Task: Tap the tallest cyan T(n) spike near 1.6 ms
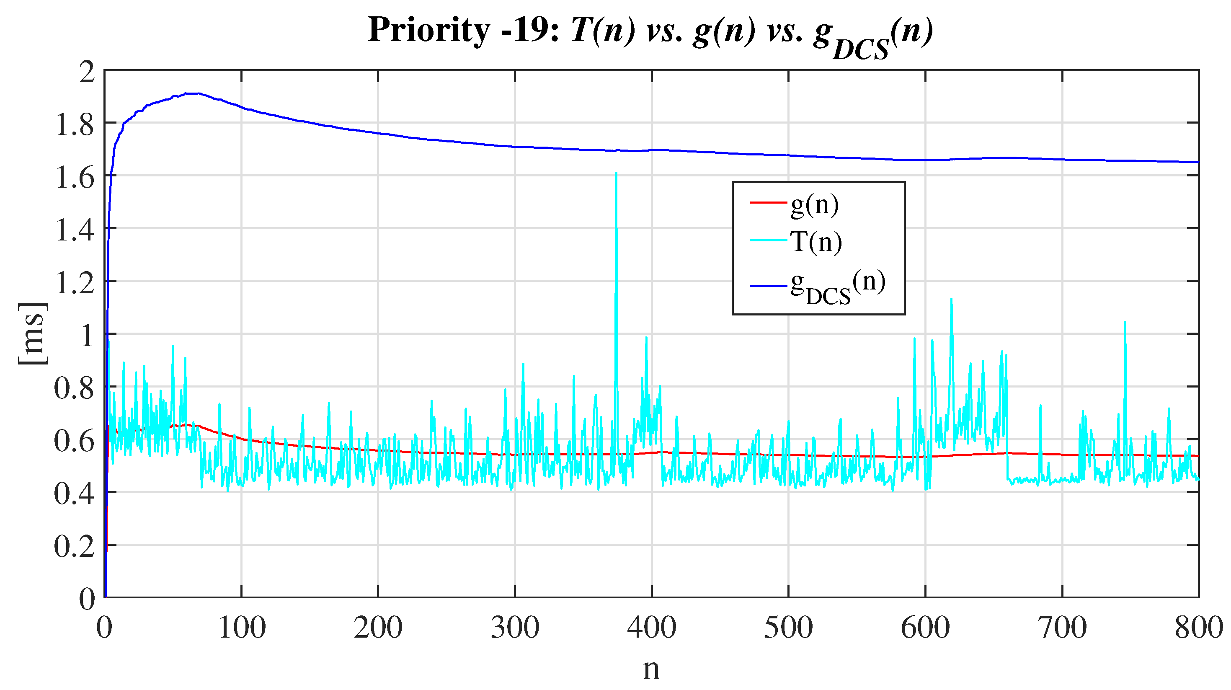click(x=616, y=174)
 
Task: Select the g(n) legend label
click(x=814, y=205)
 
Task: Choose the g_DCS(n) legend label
click(x=837, y=287)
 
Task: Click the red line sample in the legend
click(x=768, y=203)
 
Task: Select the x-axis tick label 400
click(x=651, y=628)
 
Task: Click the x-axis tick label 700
click(x=1062, y=628)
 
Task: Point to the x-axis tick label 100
click(x=241, y=628)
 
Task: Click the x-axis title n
click(x=651, y=669)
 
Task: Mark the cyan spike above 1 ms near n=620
click(x=951, y=300)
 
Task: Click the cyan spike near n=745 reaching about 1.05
click(x=1125, y=323)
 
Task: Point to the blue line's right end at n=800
click(x=1197, y=162)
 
